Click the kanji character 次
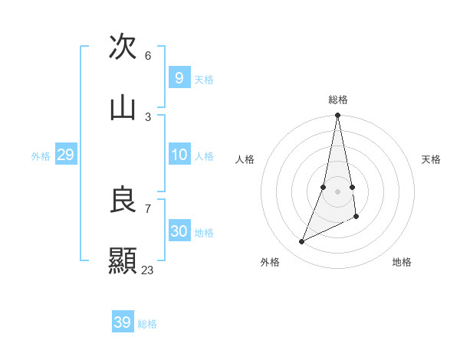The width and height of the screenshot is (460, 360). click(x=123, y=46)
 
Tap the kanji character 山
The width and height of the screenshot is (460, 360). click(x=123, y=108)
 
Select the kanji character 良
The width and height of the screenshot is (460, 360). click(x=123, y=200)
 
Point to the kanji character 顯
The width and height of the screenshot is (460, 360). click(x=123, y=261)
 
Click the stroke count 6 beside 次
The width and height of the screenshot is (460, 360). click(x=148, y=55)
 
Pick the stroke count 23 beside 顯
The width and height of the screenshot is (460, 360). click(x=148, y=270)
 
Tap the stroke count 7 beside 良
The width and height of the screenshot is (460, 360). click(x=148, y=208)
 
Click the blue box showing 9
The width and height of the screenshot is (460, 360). click(x=179, y=77)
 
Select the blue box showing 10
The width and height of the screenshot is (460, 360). click(x=179, y=155)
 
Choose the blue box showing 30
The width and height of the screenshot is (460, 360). click(x=179, y=231)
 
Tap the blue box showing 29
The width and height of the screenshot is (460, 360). click(x=65, y=155)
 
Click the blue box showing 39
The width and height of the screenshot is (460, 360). click(x=122, y=322)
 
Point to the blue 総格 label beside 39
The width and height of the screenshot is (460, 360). click(x=147, y=324)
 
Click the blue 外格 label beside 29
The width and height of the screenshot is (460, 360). click(x=41, y=156)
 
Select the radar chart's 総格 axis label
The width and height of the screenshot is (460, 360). click(x=338, y=100)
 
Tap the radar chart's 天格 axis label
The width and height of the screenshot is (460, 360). click(x=431, y=159)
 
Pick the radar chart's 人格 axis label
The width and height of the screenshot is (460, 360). click(x=245, y=159)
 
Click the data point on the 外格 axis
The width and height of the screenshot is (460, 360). click(x=301, y=242)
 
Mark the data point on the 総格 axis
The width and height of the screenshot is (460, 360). click(x=337, y=116)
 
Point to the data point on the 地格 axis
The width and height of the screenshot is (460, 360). click(x=356, y=217)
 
